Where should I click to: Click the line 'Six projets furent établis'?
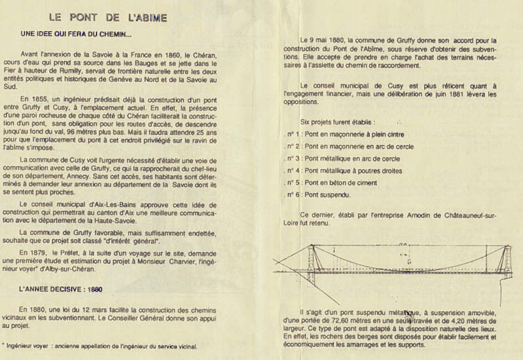[x=338, y=122]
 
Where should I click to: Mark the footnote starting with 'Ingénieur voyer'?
[x=99, y=346]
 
